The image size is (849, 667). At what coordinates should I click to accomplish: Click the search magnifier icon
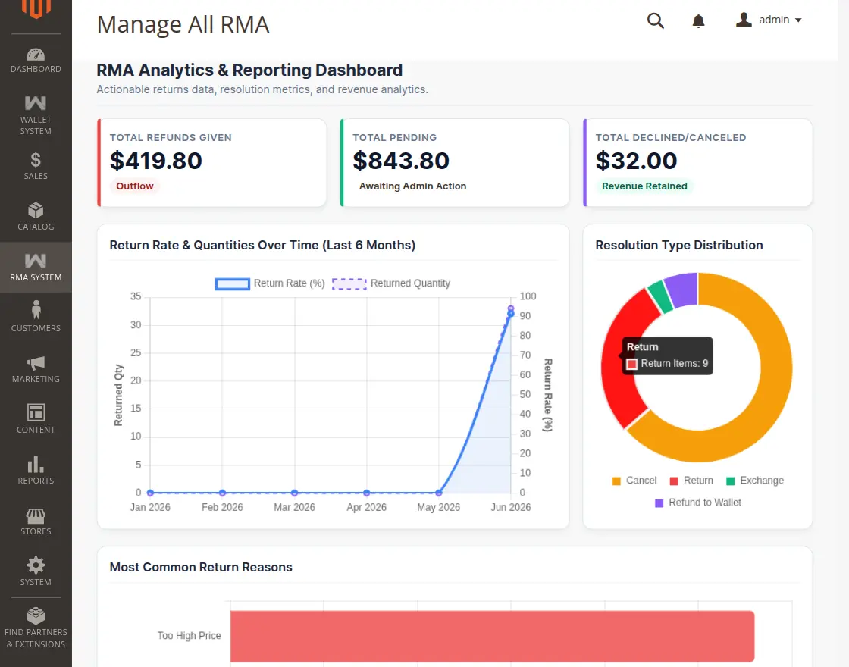pos(655,20)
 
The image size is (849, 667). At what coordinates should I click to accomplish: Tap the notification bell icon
pos(698,21)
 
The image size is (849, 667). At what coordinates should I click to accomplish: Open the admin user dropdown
pos(769,20)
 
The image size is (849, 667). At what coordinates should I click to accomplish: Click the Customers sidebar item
pos(36,318)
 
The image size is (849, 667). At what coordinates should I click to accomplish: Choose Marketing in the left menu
pos(36,368)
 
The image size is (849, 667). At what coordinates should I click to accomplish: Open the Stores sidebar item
pos(36,521)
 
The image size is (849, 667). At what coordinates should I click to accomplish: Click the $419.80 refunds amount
pos(156,161)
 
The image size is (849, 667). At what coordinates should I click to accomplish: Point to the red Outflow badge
pos(135,186)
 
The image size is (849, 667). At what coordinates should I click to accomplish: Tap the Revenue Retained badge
pos(644,186)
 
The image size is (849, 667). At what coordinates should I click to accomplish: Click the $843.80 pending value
pos(401,161)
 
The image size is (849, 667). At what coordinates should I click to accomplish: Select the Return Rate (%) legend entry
pos(270,283)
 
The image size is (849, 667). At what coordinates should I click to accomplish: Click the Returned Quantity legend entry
pos(391,283)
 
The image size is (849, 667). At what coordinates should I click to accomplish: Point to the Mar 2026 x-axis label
pos(294,507)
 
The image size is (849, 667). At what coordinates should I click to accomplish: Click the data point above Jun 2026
pos(511,312)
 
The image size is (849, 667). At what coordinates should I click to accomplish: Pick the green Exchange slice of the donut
pos(660,296)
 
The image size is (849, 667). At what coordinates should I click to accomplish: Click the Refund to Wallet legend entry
pos(698,503)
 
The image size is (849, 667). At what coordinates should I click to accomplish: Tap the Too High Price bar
pos(492,636)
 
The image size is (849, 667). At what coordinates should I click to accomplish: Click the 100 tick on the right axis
pos(528,296)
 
